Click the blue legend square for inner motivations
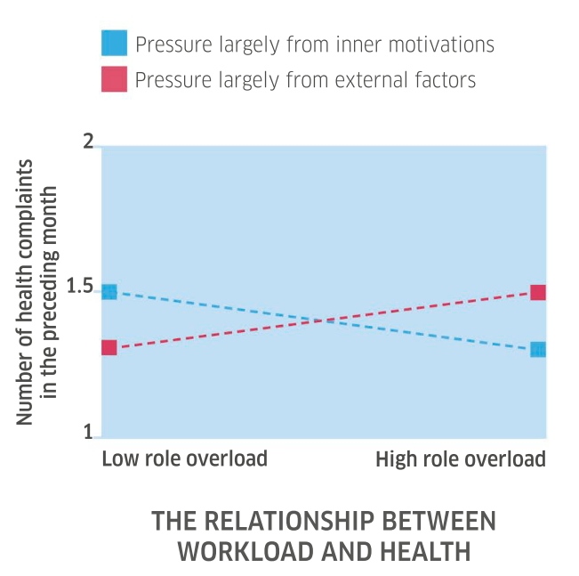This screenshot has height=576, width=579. tap(116, 43)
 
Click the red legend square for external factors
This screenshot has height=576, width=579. tap(116, 79)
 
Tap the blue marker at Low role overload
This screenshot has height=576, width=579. tap(109, 291)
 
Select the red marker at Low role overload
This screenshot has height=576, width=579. tap(109, 347)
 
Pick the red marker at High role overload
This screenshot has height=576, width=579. tap(538, 292)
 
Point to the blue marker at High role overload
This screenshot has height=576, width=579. tap(538, 349)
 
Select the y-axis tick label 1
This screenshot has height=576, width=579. tap(88, 433)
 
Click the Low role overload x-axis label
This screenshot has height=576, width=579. tap(184, 459)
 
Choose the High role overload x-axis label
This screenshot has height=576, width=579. tap(460, 459)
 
